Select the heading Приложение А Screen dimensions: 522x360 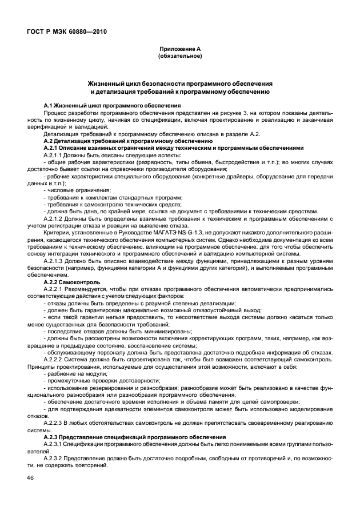(179, 50)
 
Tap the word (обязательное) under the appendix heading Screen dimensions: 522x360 (179, 56)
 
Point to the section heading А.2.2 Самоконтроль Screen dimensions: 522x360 (71, 282)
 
